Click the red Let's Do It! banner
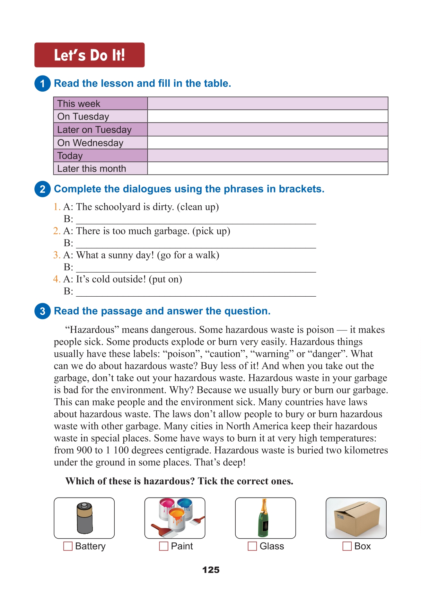coord(89,55)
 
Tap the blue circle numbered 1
coord(42,84)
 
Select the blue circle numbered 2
coord(42,189)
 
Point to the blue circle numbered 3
coord(42,311)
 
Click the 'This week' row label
coord(79,104)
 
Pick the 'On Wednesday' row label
coord(90,143)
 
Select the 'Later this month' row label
coord(92,169)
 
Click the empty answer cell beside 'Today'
coord(268,156)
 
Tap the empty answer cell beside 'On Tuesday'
coord(268,116)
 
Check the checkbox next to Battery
coord(68,546)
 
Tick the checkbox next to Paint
coord(164,546)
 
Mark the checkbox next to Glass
coord(252,546)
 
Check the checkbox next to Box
coord(347,546)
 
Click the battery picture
coord(84,518)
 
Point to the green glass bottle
coord(264,518)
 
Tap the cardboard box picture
coord(356,518)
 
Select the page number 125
coord(211,570)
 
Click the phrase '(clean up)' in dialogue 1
coord(198,207)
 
